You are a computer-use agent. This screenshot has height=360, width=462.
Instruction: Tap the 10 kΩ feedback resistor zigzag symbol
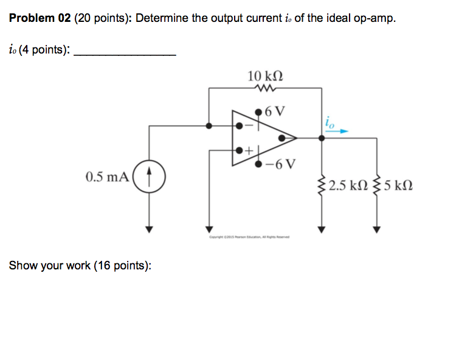click(x=266, y=88)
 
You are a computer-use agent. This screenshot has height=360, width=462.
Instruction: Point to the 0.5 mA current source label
click(x=108, y=178)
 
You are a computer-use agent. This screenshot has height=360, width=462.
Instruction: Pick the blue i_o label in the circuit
click(x=329, y=122)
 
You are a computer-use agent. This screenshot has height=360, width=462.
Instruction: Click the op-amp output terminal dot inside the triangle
click(x=282, y=138)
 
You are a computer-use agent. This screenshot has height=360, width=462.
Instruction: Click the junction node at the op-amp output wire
click(x=322, y=138)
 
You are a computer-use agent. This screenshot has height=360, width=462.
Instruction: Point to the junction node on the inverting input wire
click(x=210, y=126)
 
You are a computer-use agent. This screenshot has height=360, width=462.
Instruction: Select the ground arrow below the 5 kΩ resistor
click(x=376, y=229)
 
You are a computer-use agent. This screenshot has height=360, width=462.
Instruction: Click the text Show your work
click(x=50, y=266)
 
